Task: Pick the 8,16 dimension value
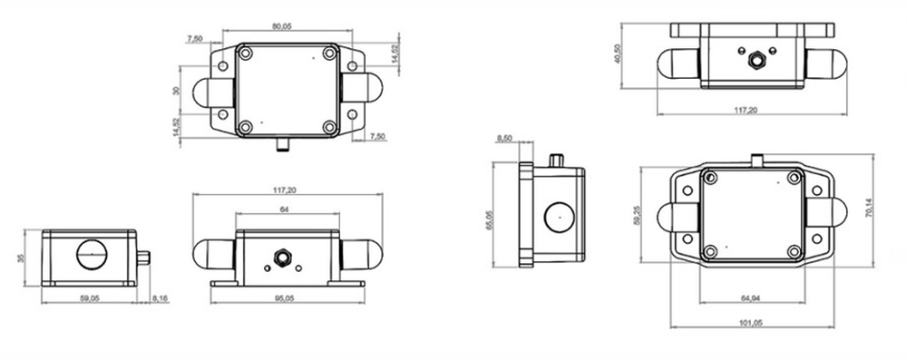pos(161,297)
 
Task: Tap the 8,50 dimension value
pos(504,138)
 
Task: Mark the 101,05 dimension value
pos(751,323)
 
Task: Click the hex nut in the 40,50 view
pos(752,62)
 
